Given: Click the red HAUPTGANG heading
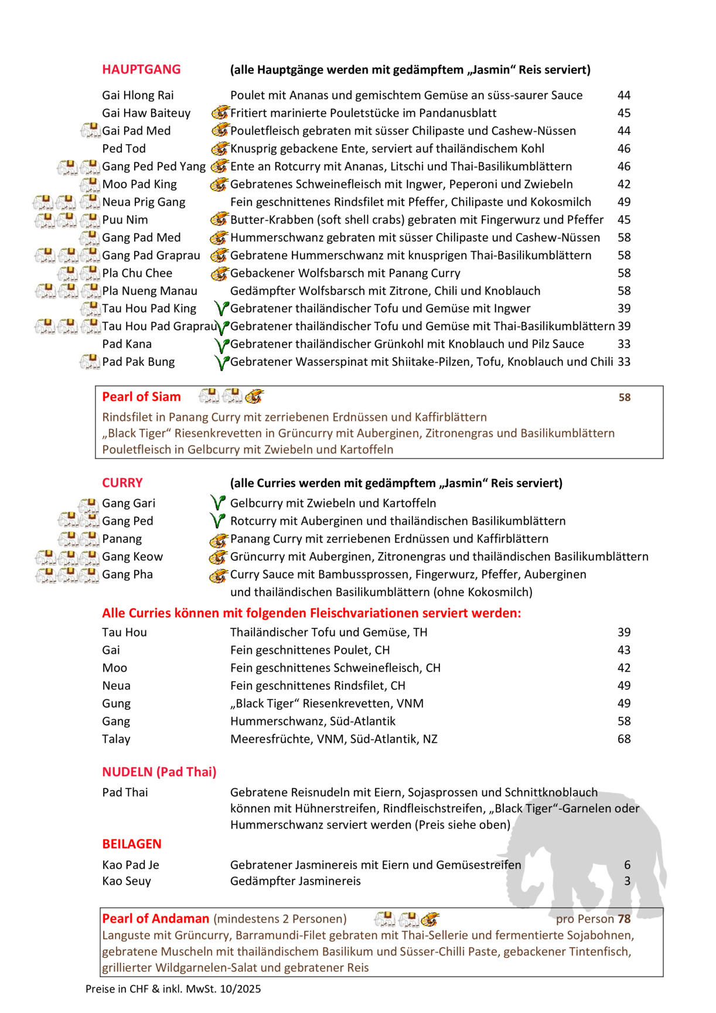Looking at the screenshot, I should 141,69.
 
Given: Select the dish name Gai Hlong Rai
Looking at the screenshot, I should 138,95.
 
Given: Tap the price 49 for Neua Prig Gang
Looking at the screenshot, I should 624,202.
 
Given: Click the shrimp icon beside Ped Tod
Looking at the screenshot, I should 219,148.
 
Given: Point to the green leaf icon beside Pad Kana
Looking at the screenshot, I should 221,345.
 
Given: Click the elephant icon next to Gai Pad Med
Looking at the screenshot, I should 90,130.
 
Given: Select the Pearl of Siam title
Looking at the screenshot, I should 141,397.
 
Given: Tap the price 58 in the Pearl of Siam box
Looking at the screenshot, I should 625,397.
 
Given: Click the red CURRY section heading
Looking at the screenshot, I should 122,483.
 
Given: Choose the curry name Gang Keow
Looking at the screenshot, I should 132,556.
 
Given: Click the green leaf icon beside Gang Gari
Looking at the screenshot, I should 218,503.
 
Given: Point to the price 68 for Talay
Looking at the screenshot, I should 624,739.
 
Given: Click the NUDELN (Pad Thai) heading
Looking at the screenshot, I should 159,772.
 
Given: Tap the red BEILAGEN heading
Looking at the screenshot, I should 131,844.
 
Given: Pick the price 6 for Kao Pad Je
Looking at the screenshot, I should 627,865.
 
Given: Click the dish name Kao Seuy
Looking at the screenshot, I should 127,881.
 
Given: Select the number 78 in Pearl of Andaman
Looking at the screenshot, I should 624,919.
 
